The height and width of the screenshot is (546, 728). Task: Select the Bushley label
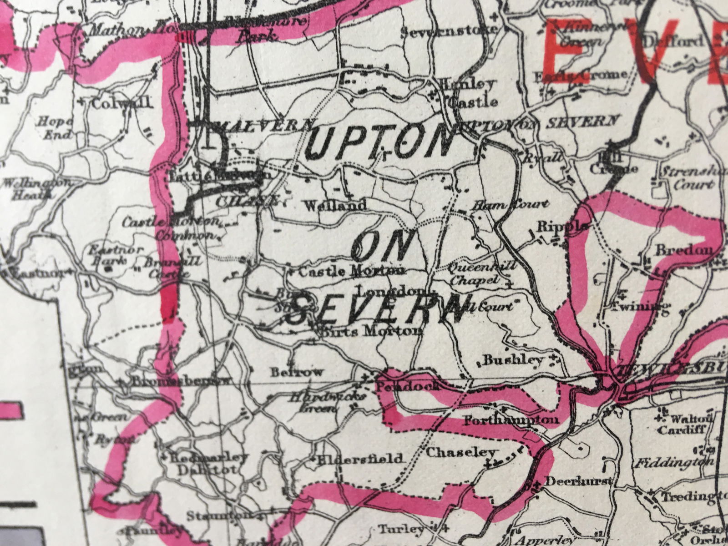(x=513, y=360)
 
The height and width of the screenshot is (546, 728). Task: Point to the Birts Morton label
(x=372, y=331)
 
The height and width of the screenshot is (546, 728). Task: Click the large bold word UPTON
(x=381, y=145)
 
